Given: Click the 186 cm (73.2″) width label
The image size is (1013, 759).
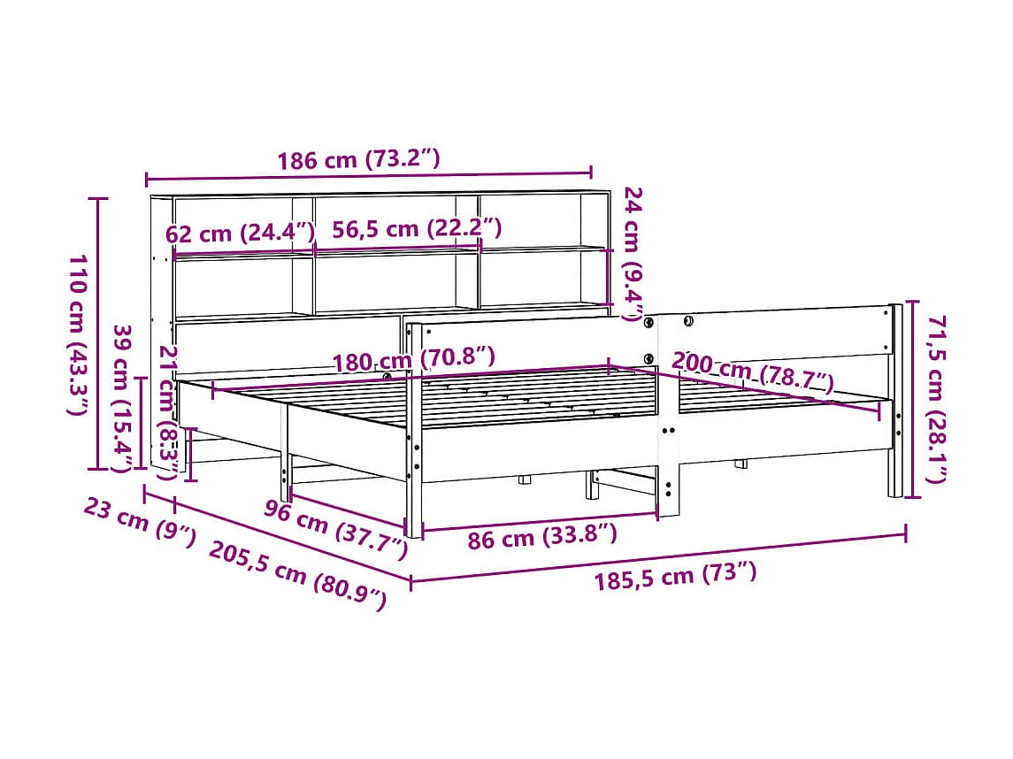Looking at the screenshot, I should tap(358, 160).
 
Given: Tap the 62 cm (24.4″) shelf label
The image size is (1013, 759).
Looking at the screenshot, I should tap(241, 234).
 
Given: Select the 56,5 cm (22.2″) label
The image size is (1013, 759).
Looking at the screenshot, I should tap(417, 229).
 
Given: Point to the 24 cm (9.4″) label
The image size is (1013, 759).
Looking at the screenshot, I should tap(633, 256).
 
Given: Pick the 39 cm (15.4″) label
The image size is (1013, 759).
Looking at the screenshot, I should tap(123, 398).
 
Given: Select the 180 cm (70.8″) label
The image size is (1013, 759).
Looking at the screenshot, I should tap(413, 359).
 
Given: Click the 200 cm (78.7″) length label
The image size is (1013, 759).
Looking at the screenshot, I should tap(753, 372).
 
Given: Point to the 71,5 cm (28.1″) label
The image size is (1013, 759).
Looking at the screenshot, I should tap(937, 399).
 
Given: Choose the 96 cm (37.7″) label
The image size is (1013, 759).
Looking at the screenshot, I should tap(336, 528).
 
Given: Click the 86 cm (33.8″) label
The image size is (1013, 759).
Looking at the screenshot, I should tap(541, 536).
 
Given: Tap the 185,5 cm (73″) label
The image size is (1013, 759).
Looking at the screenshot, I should tap(676, 577).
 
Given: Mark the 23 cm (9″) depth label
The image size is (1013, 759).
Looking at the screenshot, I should tap(140, 522).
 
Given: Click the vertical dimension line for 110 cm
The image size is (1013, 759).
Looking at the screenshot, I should tap(99, 334).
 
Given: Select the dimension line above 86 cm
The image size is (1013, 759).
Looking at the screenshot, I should tap(540, 520).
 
